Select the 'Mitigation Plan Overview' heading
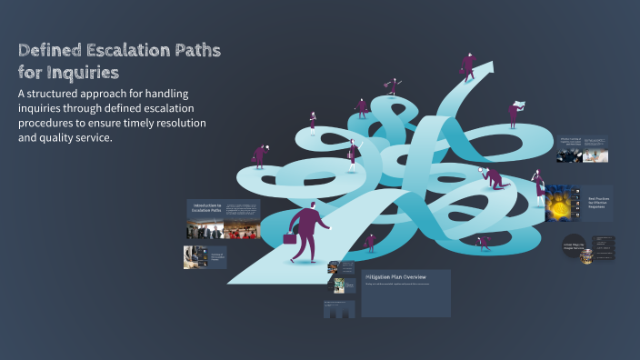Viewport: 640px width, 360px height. click(396, 275)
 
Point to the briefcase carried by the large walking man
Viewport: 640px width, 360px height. click(289, 237)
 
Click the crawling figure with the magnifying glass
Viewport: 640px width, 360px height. click(494, 176)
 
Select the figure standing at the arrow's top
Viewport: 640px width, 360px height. click(469, 65)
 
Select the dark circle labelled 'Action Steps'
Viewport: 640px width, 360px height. click(571, 247)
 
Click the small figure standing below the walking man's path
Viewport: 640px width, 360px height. click(370, 242)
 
